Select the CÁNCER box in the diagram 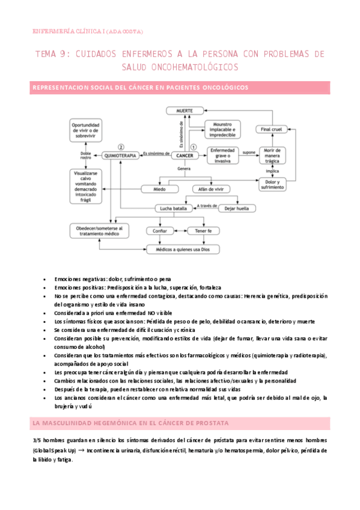click(185, 155)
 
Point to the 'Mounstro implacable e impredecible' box click(223, 129)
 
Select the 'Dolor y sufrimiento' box click(272, 184)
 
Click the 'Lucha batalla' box click(172, 208)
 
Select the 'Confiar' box click(160, 230)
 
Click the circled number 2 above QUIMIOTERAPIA click(121, 146)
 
